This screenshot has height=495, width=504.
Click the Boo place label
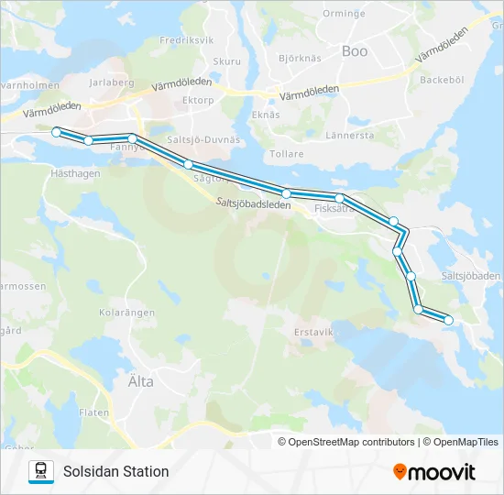click(x=355, y=51)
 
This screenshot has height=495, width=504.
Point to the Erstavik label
click(x=312, y=331)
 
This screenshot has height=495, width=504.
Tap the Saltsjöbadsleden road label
click(x=254, y=204)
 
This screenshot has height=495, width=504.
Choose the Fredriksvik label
click(x=186, y=41)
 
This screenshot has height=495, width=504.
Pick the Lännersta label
click(x=350, y=135)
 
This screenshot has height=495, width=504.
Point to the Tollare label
click(x=287, y=154)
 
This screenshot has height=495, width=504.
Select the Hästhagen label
click(x=75, y=172)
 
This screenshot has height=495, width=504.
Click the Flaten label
click(x=94, y=412)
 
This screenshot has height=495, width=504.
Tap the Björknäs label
click(x=300, y=58)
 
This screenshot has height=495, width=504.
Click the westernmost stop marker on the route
click(x=57, y=132)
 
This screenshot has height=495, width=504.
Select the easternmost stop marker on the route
click(x=448, y=320)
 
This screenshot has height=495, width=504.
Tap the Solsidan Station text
click(x=116, y=471)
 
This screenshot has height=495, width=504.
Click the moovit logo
click(x=434, y=472)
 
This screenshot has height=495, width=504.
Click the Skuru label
click(x=226, y=61)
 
